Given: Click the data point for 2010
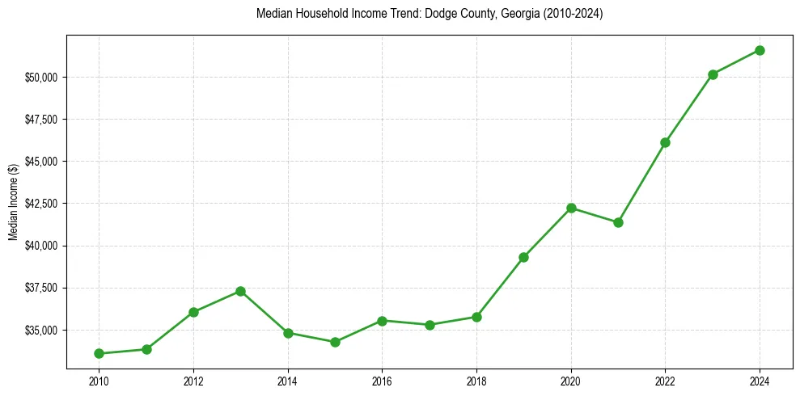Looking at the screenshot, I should pyautogui.click(x=99, y=353).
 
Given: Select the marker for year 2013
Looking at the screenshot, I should pyautogui.click(x=240, y=291).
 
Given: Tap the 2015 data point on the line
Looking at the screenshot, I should pyautogui.click(x=335, y=342).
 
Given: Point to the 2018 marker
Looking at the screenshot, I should pyautogui.click(x=476, y=317).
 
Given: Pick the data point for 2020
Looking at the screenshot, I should pyautogui.click(x=571, y=208).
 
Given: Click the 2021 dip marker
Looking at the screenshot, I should pyautogui.click(x=618, y=222).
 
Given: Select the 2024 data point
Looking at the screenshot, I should pyautogui.click(x=760, y=50).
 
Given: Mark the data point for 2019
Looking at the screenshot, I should pyautogui.click(x=523, y=257).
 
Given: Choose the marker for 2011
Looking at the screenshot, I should pyautogui.click(x=146, y=349).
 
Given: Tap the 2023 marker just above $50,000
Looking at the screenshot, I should pyautogui.click(x=713, y=74).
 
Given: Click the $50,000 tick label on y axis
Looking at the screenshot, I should pyautogui.click(x=41, y=78).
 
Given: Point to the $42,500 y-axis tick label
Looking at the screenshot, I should pyautogui.click(x=41, y=204).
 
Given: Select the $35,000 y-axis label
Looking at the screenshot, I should pyautogui.click(x=41, y=331).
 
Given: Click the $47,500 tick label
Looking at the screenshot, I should pyautogui.click(x=41, y=120).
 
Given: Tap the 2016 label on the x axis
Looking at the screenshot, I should pyautogui.click(x=382, y=381).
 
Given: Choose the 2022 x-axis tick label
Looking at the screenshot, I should pyautogui.click(x=665, y=381).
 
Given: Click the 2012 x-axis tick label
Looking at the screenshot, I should pyautogui.click(x=193, y=381).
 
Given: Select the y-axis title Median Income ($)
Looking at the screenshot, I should pyautogui.click(x=13, y=202).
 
